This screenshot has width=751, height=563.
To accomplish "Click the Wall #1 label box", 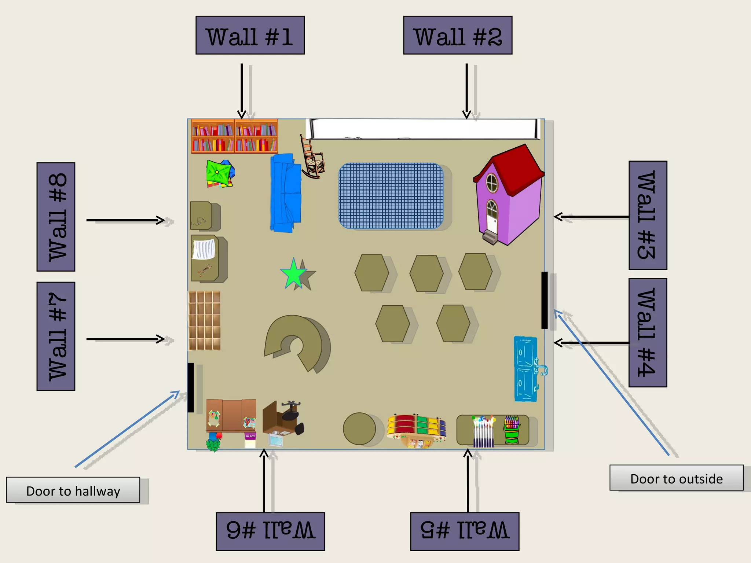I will [x=250, y=35].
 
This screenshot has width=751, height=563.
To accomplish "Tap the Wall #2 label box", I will [x=458, y=35].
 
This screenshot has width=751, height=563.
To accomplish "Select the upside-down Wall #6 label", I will [x=270, y=531].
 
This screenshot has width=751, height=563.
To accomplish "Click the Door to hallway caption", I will [x=73, y=490].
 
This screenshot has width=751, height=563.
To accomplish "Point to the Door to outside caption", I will [x=676, y=478].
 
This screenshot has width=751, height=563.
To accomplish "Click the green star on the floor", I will [x=293, y=274].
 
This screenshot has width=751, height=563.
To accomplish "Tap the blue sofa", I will [x=286, y=192].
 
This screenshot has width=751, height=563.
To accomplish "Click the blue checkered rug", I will [x=391, y=196].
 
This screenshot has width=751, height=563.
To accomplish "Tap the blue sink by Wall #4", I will [x=526, y=368].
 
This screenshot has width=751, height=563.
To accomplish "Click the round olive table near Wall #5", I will [x=359, y=428].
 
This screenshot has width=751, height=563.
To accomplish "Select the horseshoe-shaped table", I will [x=295, y=339].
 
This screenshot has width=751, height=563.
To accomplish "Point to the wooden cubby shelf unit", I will [x=204, y=320].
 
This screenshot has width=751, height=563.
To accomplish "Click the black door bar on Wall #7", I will [x=191, y=387].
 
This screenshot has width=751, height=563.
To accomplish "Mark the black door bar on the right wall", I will [x=545, y=300].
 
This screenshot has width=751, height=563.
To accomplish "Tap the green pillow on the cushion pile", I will [x=218, y=172].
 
